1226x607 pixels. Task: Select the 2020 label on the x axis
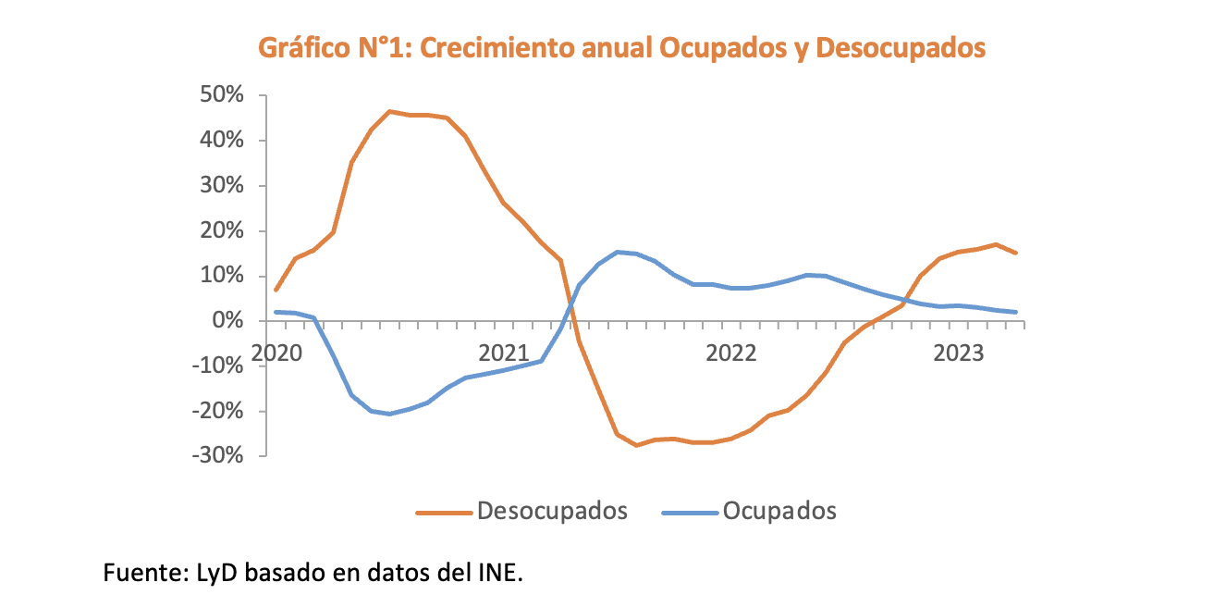coord(276,353)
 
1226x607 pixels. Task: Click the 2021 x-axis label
coord(504,353)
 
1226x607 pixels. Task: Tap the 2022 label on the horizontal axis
coord(731,353)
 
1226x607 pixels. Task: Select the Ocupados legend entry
coord(779,511)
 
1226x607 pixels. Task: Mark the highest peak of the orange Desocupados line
coord(390,111)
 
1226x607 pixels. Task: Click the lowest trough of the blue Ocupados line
coord(389,414)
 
